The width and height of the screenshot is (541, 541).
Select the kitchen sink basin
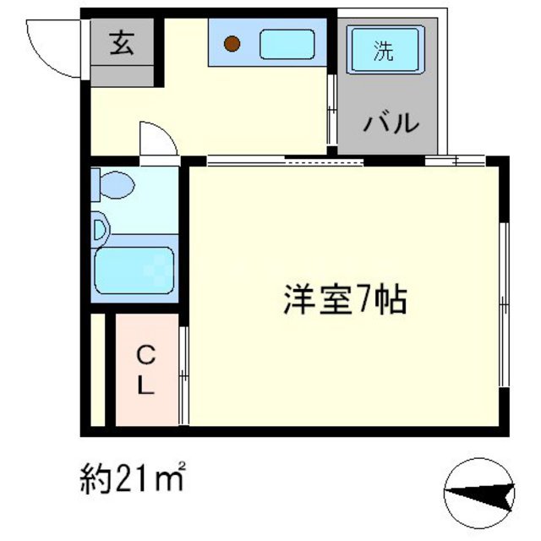tap(287, 44)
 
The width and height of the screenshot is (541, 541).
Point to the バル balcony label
tap(391, 124)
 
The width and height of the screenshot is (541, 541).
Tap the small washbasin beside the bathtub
tap(101, 227)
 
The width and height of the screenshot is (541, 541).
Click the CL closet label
tap(146, 369)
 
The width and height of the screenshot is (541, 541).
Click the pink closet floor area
tap(146, 397)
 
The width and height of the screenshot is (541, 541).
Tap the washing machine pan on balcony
tap(385, 50)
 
